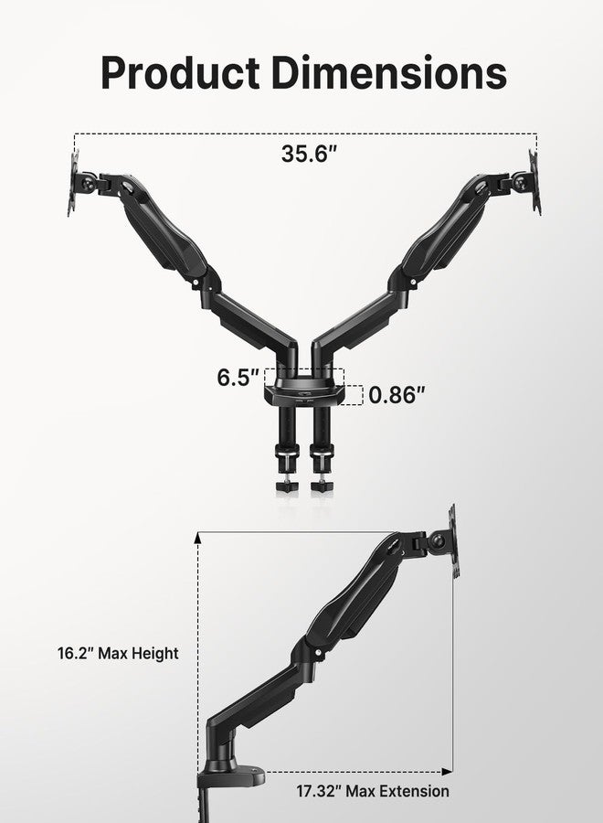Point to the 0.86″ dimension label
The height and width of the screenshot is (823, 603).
coord(397,395)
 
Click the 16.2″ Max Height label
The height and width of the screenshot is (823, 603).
coord(114,653)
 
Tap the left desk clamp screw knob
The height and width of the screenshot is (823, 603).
coord(284,484)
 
